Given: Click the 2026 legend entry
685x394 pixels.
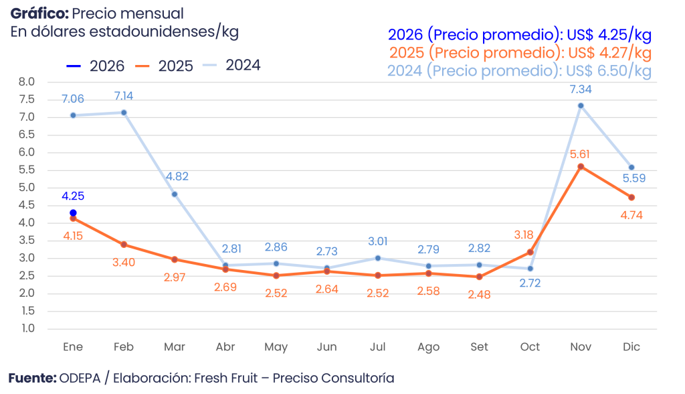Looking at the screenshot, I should tap(96, 66).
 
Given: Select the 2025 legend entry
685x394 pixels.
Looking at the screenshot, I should tap(165, 66).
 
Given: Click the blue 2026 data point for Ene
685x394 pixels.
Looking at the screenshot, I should tap(73, 212).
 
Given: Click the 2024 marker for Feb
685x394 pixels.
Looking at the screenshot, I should tap(124, 112).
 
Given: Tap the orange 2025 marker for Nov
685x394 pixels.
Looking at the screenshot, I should tap(581, 166).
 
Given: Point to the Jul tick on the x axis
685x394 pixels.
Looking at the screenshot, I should tap(377, 347).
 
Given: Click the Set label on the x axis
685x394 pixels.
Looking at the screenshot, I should tap(479, 347).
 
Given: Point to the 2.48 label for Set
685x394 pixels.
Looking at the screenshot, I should tap(479, 294).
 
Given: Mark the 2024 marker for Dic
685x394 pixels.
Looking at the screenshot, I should tap(631, 168).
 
